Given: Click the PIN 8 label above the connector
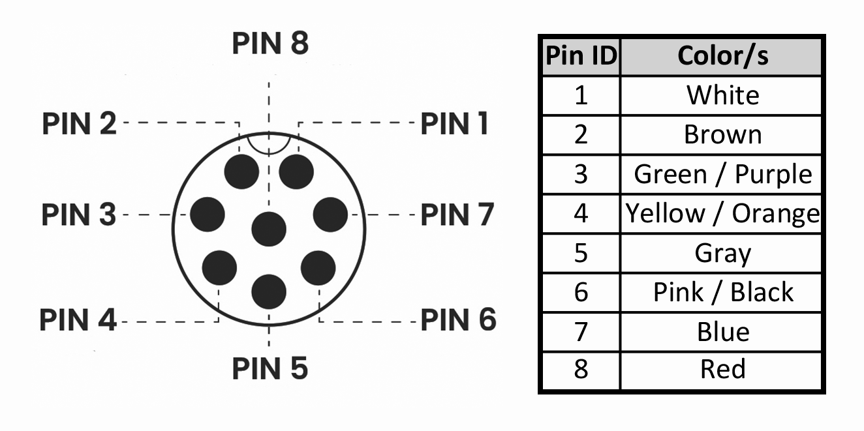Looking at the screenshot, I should click(x=270, y=44).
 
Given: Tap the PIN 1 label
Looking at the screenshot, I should click(x=454, y=123).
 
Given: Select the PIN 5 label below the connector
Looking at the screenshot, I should click(x=270, y=368).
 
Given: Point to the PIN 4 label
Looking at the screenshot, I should click(x=78, y=320).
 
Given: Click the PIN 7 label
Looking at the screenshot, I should click(x=457, y=215).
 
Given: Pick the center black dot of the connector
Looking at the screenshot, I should click(x=269, y=229).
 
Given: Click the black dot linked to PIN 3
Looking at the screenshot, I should click(x=208, y=214).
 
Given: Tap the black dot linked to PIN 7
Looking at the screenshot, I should click(x=330, y=214).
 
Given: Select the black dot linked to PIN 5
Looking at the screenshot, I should click(x=269, y=291).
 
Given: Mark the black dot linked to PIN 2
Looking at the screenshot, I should click(x=241, y=171).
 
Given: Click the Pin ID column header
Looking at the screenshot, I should click(x=581, y=56).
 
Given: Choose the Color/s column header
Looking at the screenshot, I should click(x=722, y=56).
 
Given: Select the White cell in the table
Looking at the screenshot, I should click(x=722, y=95).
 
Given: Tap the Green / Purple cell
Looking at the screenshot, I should click(x=722, y=174).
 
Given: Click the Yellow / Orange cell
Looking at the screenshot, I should click(x=722, y=213).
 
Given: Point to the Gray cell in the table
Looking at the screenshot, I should click(x=722, y=253).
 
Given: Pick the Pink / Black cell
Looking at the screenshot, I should click(x=722, y=292).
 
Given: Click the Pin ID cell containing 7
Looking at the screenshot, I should click(x=581, y=331).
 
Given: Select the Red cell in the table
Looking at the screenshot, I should click(x=722, y=369).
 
